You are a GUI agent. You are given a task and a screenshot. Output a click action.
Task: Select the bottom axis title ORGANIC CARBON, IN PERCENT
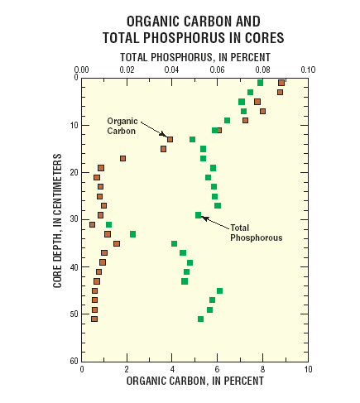coord(194,381)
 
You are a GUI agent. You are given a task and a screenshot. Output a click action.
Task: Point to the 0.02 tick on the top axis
coord(127,70)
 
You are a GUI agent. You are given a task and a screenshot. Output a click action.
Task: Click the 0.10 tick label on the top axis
coord(308,70)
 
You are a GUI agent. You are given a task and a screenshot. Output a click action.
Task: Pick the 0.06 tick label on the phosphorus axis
coord(217,70)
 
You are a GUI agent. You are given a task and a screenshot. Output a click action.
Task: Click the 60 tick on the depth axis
coord(73,362)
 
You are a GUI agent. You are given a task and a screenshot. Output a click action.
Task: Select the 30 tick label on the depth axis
coord(73,219)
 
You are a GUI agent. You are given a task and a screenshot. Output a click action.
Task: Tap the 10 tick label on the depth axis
coord(73,125)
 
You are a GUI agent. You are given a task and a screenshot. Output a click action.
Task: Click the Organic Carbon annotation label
coord(122,125)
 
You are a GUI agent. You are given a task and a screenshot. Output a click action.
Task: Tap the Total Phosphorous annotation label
coord(257,233)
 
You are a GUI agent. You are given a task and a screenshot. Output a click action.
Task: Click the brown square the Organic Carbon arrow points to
coord(170,139)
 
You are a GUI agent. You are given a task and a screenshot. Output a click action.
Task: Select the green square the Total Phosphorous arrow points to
coord(199,215)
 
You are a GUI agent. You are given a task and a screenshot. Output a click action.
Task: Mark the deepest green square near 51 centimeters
coord(200,319)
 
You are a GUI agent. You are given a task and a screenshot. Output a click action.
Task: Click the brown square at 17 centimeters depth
coord(122,158)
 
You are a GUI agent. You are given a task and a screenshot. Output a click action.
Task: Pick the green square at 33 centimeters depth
coord(132,234)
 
